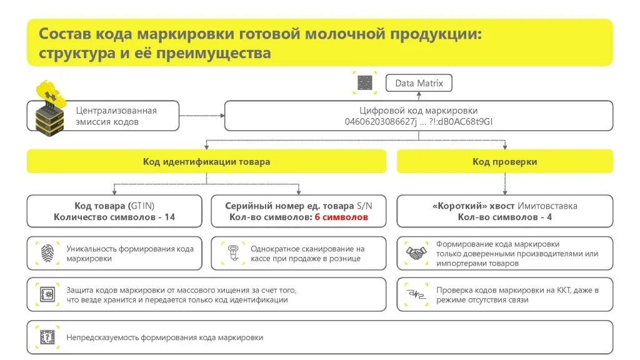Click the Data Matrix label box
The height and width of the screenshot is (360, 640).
(419, 83)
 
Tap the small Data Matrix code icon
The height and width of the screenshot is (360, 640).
(365, 83)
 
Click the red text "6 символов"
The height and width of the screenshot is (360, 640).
(341, 217)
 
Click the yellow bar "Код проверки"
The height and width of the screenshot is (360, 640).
(504, 162)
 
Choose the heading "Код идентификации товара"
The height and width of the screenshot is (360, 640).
(206, 162)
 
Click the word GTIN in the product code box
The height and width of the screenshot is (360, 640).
(142, 206)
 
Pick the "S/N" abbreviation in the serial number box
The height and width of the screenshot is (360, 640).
(364, 206)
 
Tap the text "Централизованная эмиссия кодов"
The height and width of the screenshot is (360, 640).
(116, 116)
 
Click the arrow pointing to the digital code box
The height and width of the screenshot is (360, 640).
(220, 116)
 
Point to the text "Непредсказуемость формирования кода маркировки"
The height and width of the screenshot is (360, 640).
(164, 337)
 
